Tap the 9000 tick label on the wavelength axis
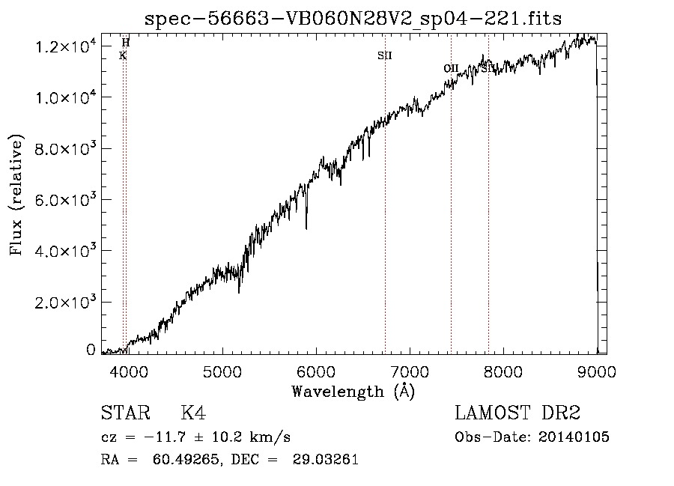[x=596, y=371]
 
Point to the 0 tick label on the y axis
[x=91, y=350]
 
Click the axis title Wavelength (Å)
[x=353, y=391]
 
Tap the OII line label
[x=451, y=68]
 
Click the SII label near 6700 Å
[x=385, y=55]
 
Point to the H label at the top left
[x=126, y=43]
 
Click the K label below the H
[x=123, y=55]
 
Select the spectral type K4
[x=193, y=413]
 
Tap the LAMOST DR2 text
[x=517, y=413]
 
